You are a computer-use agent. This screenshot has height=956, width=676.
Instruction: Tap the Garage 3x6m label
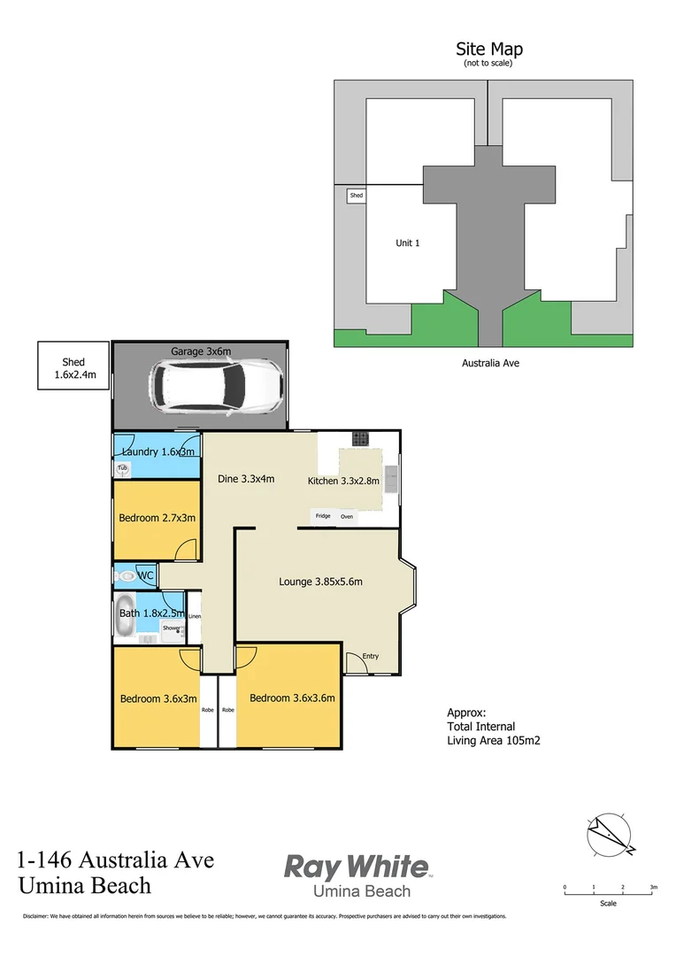201,351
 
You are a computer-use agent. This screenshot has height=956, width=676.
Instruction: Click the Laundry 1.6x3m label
157,452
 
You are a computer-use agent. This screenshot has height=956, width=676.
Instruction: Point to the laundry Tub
122,468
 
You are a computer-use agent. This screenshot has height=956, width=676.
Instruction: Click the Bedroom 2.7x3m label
157,518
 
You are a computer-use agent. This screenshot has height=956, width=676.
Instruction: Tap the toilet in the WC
126,576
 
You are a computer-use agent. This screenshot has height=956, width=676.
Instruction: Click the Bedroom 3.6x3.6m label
292,698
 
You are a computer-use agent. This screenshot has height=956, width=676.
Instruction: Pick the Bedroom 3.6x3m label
158,698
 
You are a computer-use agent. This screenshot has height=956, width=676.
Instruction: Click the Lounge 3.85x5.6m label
321,582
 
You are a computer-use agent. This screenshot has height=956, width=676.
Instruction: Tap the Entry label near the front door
371,656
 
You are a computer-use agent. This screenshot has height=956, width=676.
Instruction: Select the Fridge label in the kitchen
323,516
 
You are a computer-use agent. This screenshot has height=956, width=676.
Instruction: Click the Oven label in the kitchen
347,516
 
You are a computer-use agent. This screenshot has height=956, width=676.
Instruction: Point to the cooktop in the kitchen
360,437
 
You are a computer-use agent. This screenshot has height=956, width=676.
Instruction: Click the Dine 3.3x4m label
246,479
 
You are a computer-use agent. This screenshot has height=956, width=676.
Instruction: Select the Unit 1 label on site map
407,243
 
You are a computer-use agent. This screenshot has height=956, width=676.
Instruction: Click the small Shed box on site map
356,195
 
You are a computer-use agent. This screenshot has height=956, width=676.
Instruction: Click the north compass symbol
610,834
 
